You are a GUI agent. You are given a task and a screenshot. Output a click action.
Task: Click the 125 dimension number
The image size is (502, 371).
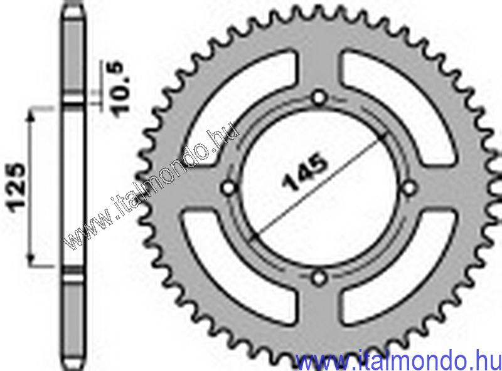pos(17,187)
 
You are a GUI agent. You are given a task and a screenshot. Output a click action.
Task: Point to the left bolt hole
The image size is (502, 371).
pos(229,187)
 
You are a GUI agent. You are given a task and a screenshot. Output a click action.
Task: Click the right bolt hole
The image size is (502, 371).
pos(411,187)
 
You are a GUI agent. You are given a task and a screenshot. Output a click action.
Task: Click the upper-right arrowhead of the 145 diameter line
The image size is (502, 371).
pos(384,138)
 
